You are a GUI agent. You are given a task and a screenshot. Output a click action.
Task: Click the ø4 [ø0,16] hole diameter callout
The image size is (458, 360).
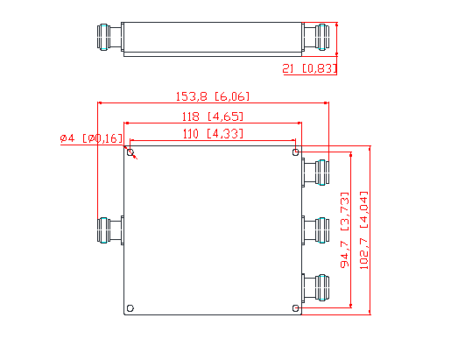91,138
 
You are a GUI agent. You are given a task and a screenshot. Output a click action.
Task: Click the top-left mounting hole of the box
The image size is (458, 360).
130,153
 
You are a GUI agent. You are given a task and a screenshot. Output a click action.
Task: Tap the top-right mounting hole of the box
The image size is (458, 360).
294,153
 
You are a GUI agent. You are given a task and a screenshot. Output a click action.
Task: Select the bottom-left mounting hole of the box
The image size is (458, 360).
130,307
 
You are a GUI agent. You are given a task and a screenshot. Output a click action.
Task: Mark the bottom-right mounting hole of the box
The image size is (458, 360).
294,307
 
